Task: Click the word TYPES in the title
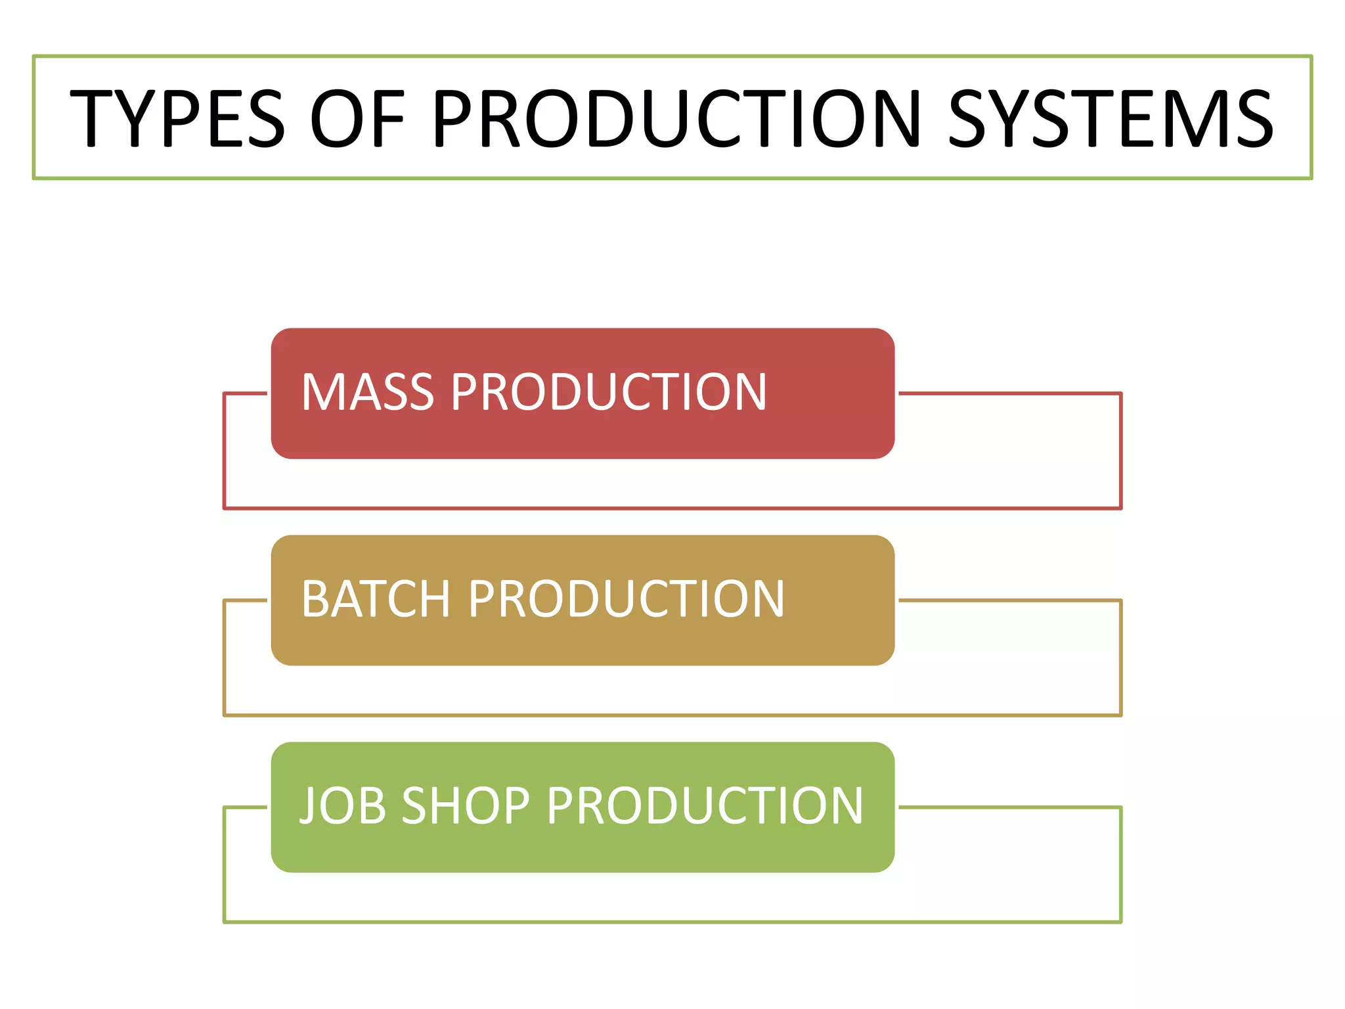pos(177,118)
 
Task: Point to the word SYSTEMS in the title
pos(1110,118)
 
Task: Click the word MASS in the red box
pos(368,392)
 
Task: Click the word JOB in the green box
pos(342,806)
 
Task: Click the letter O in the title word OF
pos(336,118)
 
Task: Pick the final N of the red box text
pos(749,392)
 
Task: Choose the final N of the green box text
pos(845,806)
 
